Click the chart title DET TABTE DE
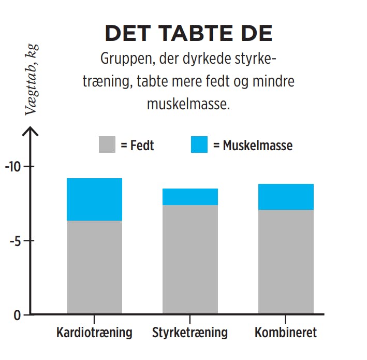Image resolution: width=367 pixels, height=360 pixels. click(188, 33)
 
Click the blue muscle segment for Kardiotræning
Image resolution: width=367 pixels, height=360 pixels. click(94, 199)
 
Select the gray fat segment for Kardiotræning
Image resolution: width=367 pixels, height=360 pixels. click(94, 267)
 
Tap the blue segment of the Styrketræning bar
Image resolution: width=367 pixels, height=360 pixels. click(190, 197)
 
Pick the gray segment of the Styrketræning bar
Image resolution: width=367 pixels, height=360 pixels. click(190, 259)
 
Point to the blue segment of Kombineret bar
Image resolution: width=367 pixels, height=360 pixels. click(285, 197)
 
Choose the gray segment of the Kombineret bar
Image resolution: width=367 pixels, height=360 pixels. click(285, 262)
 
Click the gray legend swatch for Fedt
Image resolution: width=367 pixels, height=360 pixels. click(107, 145)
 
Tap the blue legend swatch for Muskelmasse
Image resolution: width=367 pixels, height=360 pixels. click(199, 145)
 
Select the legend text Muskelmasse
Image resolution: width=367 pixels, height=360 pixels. click(257, 146)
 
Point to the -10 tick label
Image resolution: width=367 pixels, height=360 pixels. click(12, 167)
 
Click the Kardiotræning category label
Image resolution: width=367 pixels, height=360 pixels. click(94, 332)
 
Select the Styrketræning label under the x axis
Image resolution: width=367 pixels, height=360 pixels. click(190, 332)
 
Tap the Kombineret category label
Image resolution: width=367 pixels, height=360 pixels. click(285, 332)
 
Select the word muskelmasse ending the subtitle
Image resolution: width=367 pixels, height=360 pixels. click(187, 104)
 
